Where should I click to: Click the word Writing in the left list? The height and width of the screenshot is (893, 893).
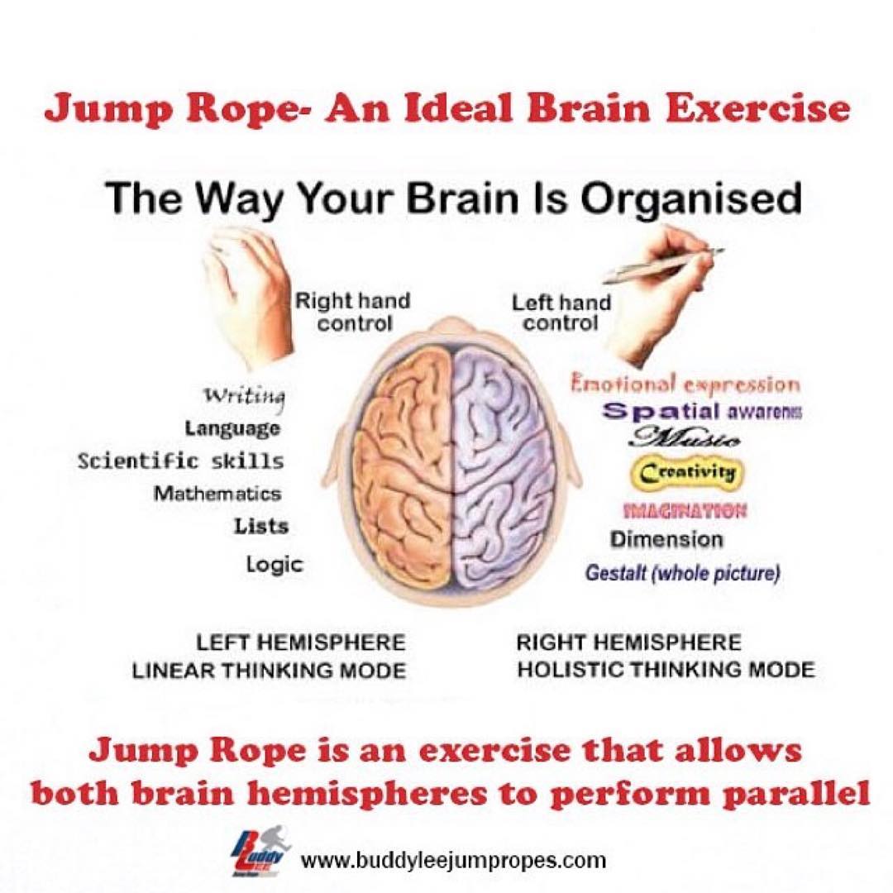pos(245,396)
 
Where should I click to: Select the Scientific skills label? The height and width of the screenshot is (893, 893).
pos(180,461)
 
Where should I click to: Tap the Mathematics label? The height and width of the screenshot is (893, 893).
pos(217,493)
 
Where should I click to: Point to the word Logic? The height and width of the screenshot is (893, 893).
pos(275,565)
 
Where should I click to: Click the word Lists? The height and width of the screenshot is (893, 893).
pos(261,526)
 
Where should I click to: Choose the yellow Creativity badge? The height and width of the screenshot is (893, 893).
pos(687,473)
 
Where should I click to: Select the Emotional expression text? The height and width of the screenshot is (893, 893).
pos(685,384)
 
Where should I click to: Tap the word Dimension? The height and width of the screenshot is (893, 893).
pos(666,539)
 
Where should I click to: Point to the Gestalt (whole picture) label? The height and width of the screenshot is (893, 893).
pos(682,572)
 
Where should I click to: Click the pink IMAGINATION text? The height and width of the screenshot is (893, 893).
pos(685,509)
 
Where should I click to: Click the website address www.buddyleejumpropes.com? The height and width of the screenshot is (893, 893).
pos(453,859)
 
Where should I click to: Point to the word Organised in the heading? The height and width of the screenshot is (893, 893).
pos(690,199)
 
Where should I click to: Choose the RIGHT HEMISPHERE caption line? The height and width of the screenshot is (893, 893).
pos(628,642)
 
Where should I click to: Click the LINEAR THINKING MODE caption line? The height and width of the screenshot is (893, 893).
pos(269,671)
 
